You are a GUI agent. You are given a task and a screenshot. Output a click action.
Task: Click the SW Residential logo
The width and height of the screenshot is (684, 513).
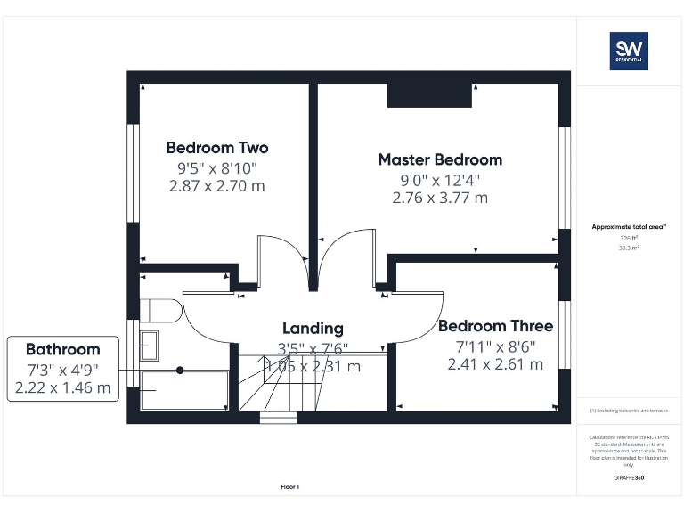tap(628, 51)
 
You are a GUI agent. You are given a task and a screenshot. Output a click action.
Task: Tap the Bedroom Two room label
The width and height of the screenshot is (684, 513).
tap(216, 148)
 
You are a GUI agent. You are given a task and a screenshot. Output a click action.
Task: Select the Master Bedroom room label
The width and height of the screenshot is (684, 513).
tap(440, 159)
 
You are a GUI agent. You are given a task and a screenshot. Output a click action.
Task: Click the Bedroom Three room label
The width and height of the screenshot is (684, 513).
tap(495, 326)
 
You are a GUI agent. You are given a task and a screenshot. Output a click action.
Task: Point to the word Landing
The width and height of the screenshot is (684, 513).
tap(313, 328)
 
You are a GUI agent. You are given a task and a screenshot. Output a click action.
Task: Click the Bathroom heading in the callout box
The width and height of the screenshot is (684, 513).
tap(62, 349)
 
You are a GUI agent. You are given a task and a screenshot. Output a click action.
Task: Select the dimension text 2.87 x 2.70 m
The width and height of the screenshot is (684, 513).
tap(216, 186)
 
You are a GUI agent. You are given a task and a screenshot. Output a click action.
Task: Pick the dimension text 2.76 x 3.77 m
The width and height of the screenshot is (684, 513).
tap(440, 198)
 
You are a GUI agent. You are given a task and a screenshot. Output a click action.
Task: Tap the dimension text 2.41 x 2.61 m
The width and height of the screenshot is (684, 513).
tap(495, 363)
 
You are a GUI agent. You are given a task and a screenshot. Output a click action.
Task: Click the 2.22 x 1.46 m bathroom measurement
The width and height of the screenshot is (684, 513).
tap(62, 387)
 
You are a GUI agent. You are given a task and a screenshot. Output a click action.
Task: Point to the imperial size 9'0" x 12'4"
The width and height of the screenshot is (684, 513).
tap(440, 179)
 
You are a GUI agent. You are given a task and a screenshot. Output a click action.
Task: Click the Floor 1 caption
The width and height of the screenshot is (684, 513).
tap(290, 486)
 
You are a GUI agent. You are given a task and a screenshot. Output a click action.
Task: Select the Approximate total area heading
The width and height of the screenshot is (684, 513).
tap(628, 228)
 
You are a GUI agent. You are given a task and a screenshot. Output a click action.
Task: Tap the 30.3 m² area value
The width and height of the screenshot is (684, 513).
tap(630, 248)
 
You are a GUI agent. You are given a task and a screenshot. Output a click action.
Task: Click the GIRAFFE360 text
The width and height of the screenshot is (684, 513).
tap(629, 478)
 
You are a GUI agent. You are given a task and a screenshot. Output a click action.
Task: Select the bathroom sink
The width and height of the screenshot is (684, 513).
tap(149, 345)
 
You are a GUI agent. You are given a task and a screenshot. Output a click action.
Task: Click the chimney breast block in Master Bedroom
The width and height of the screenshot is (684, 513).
tap(429, 95)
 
